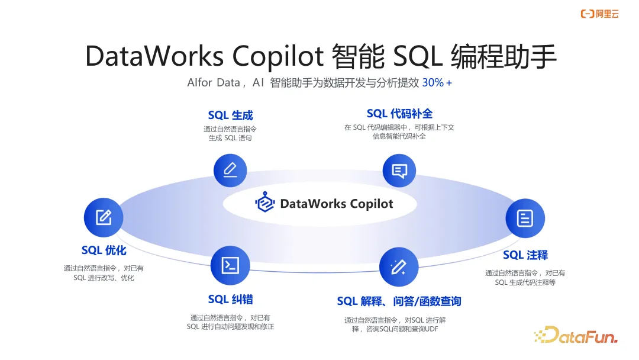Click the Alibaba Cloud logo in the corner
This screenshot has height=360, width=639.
[599, 14]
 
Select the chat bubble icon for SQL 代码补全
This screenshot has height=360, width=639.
[399, 171]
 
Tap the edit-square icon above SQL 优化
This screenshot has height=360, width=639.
[104, 217]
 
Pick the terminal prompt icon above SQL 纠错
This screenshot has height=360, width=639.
[230, 265]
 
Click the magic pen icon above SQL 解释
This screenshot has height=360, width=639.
[399, 266]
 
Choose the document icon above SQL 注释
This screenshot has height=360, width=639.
[524, 218]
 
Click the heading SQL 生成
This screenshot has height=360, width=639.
[230, 115]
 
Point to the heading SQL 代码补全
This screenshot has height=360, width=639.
[399, 114]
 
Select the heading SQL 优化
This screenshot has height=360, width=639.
[104, 250]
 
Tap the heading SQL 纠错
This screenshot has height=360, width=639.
[230, 299]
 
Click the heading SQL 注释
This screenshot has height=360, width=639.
[525, 255]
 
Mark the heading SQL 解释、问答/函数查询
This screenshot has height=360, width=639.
[399, 301]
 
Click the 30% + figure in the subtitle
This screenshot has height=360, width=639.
[437, 83]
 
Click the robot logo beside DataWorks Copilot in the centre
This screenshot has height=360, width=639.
[265, 203]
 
